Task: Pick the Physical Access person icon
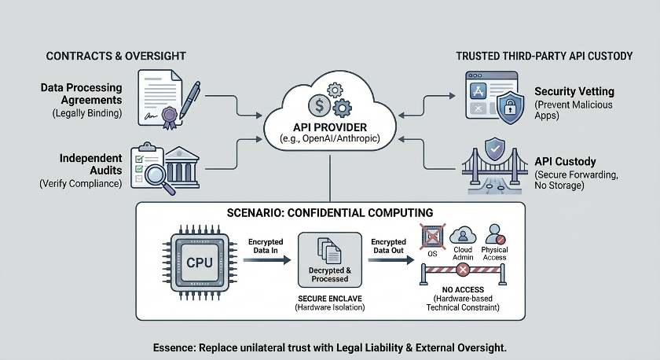point(496,234)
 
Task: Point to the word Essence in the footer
point(175,347)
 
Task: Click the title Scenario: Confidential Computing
point(329,214)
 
